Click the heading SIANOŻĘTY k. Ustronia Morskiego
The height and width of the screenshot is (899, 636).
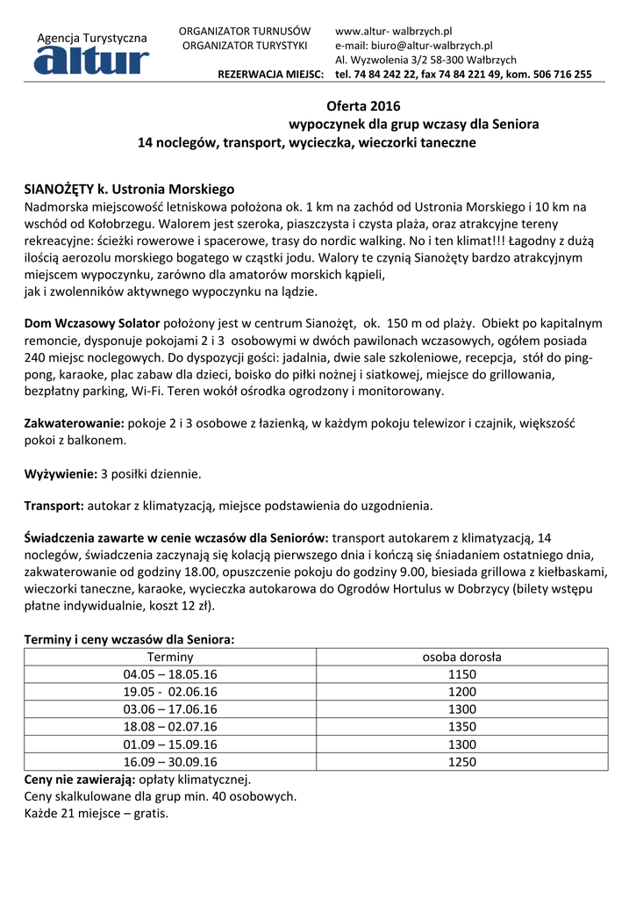click(x=129, y=189)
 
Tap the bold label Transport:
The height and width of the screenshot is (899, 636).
click(x=54, y=506)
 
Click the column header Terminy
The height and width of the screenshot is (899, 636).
click(x=170, y=657)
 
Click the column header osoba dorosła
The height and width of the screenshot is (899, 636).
click(x=462, y=657)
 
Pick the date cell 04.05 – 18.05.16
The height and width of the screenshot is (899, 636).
click(x=170, y=674)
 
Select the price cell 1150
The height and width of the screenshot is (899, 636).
click(x=462, y=674)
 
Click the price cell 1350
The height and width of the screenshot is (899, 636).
click(x=462, y=727)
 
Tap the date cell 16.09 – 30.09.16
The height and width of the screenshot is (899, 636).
click(x=170, y=762)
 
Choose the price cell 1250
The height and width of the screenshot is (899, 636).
click(x=462, y=762)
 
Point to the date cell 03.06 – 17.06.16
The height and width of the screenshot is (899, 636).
click(x=170, y=709)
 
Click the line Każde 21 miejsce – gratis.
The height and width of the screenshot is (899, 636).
click(x=96, y=813)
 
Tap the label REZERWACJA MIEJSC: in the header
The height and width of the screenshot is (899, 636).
click(x=271, y=75)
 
